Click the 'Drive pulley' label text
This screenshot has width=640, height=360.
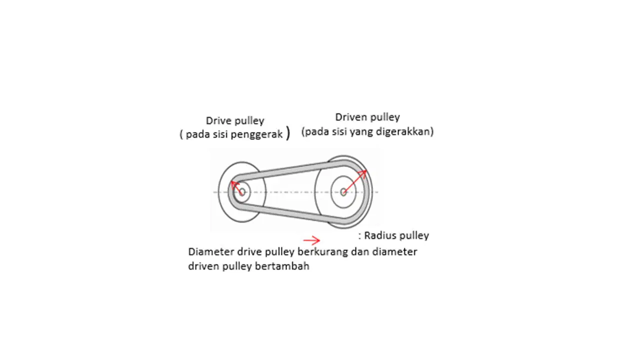coord(235,121)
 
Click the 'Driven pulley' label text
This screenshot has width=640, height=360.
coord(367,117)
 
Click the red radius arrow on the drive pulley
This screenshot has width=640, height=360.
coord(237,187)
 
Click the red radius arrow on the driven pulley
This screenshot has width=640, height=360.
coord(355,181)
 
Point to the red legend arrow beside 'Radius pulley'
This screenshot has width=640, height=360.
coord(311,240)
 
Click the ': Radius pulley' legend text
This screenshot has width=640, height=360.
coord(393,235)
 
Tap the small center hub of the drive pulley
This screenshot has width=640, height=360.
coord(242,191)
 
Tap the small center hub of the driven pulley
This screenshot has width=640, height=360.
coord(343,192)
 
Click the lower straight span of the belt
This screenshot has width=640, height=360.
coord(285,212)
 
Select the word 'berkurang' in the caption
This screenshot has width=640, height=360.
coord(323,252)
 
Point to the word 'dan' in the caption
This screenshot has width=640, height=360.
coord(360,252)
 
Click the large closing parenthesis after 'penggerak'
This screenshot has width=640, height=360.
coord(288,133)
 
